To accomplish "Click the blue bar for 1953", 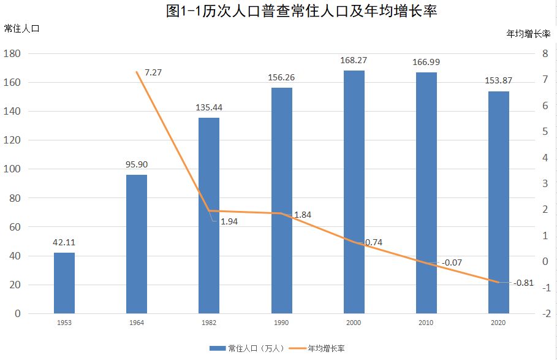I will [64, 283].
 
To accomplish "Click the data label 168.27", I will [354, 61].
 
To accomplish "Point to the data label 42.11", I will [64, 242].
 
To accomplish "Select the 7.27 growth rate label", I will [153, 72].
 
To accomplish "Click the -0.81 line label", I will [523, 283].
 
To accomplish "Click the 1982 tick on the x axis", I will [209, 323].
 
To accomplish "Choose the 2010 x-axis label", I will [426, 323].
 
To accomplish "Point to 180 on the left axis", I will [13, 54].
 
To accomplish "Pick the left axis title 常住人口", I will [21, 29].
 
